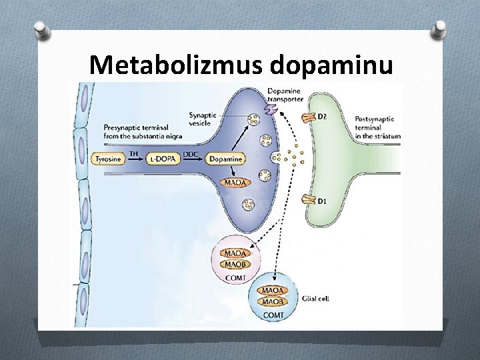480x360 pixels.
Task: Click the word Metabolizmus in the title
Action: pos(177,65)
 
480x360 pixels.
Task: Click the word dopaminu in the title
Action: pos(331,65)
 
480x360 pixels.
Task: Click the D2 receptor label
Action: pos(322,118)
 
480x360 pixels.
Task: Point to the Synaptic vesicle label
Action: pos(204,118)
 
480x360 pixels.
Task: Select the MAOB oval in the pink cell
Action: pos(234,264)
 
